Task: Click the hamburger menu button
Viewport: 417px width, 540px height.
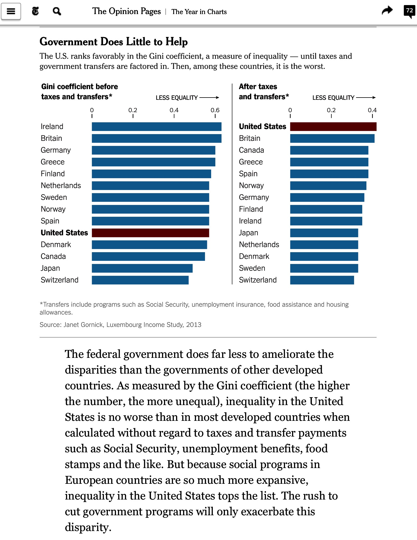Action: coord(11,11)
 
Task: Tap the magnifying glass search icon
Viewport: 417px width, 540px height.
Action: coord(57,11)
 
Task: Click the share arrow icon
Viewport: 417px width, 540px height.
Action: coord(387,11)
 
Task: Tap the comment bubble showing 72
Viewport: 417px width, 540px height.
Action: coord(409,11)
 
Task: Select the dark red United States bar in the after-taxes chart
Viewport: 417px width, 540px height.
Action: coord(333,126)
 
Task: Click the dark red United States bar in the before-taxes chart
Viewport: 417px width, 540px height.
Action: coord(150,233)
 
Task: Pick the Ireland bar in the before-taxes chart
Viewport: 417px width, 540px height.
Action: coord(156,126)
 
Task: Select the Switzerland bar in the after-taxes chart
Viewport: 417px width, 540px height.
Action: coord(322,280)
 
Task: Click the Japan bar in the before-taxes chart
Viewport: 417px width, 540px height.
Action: coord(142,268)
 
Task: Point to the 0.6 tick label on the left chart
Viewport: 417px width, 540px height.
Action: coord(215,110)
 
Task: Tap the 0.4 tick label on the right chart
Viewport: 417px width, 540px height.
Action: coord(372,110)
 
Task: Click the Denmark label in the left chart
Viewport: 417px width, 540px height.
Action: coord(56,245)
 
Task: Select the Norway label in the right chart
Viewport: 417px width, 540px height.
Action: coord(251,186)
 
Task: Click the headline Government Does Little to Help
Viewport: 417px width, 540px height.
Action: coord(113,42)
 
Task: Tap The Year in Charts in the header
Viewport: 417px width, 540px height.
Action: coord(199,12)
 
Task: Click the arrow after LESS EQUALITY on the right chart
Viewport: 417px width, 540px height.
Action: coord(366,98)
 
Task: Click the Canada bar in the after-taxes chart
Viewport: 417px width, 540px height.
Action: coord(329,150)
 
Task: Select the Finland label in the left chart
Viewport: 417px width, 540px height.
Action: coord(53,174)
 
